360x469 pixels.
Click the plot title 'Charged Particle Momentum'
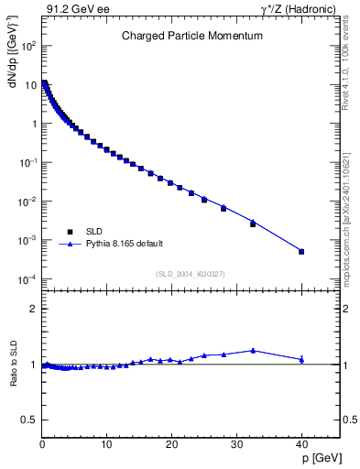192,36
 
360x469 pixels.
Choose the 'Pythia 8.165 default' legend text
124,244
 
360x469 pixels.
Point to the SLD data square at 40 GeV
301,251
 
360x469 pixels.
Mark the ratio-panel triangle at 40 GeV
301,359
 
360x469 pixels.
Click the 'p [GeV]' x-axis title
320,454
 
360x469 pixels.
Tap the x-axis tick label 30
236,445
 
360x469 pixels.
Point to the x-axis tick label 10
106,445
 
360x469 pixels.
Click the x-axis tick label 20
171,445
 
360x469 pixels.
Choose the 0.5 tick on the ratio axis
29,420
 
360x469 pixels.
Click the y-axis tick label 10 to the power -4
27,279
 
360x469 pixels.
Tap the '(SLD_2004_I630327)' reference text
191,274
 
